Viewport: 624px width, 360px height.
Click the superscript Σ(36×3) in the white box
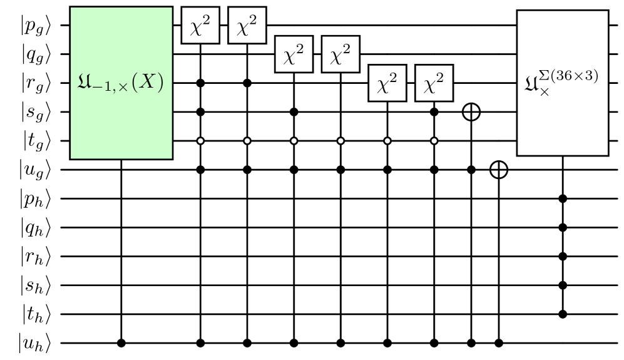point(569,76)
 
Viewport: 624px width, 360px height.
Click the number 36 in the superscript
point(565,76)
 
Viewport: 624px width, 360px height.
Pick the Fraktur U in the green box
point(84,82)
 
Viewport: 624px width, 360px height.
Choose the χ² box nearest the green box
point(200,26)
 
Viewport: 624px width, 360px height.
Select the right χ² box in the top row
point(247,26)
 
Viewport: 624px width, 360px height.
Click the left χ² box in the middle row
point(294,54)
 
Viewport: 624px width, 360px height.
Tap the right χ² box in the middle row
point(340,54)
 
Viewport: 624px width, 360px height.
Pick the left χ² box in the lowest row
point(387,83)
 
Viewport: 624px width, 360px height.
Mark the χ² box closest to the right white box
point(434,83)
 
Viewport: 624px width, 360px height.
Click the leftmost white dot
point(200,141)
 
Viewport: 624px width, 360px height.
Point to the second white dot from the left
point(247,141)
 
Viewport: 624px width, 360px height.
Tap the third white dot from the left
point(294,141)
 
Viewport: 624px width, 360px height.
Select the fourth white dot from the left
point(340,141)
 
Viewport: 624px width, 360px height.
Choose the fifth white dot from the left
point(387,141)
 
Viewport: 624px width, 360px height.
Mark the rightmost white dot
point(434,141)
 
